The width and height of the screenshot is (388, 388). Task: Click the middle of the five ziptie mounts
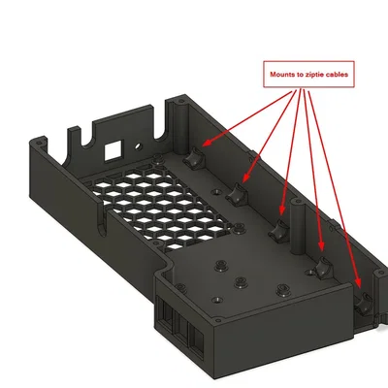(279, 231)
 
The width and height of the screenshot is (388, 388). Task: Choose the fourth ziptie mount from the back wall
(319, 267)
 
